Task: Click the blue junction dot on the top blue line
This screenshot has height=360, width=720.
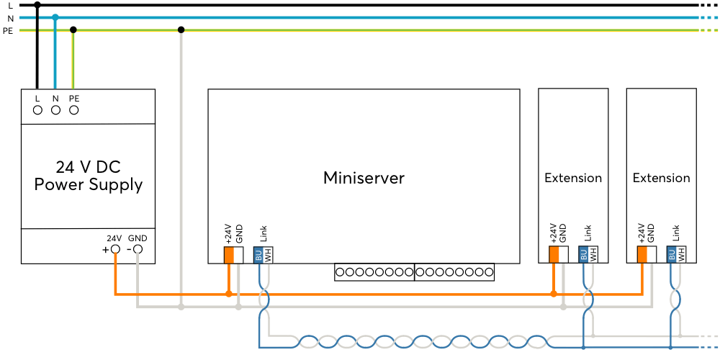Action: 55,17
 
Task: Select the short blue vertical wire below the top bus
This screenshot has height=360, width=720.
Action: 55,58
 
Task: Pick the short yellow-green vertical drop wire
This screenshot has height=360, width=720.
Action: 73,61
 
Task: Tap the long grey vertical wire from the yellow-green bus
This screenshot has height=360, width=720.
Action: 181,166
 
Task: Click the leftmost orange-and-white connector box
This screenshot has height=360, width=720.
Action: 233,255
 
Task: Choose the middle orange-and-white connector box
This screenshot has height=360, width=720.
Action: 559,254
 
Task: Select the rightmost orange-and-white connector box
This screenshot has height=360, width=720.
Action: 647,254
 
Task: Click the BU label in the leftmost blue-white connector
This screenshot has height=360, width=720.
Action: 258,255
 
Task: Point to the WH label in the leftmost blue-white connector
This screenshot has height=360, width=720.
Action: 268,255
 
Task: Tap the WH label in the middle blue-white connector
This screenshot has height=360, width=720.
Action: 593,254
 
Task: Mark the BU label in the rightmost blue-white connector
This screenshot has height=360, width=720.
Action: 672,254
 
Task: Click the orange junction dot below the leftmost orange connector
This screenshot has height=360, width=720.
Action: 229,294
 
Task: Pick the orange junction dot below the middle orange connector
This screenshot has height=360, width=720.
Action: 554,294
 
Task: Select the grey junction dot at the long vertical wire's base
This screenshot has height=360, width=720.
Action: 181,307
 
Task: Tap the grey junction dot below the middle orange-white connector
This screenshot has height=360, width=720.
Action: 563,307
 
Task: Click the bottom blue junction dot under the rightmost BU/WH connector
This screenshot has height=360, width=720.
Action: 670,347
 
